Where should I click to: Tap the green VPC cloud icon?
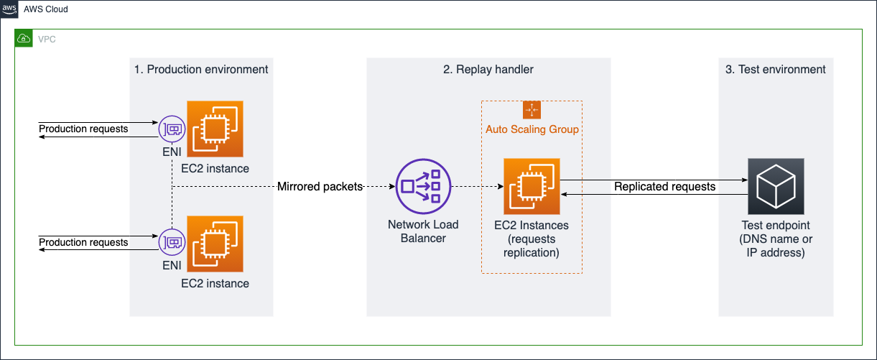[x=24, y=39]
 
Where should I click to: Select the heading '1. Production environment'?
[x=201, y=70]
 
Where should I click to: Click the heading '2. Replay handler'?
[x=488, y=70]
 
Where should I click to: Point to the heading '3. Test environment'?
[x=776, y=70]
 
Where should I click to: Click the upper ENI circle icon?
[x=172, y=129]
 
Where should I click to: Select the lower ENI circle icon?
[x=172, y=243]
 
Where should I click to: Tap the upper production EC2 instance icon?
[x=215, y=129]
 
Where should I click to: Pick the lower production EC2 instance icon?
[x=215, y=243]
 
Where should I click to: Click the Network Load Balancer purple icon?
[x=423, y=187]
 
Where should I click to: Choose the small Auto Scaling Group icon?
[x=532, y=110]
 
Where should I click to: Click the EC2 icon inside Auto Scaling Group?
[x=532, y=187]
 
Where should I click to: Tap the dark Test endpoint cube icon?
[x=776, y=187]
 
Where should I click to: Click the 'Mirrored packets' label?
[x=320, y=187]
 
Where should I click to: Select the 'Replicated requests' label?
[x=664, y=187]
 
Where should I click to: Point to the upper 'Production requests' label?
[x=83, y=129]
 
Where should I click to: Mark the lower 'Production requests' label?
[x=83, y=243]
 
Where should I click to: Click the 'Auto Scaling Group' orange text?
[x=532, y=129]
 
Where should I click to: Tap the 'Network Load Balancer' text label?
[x=423, y=231]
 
